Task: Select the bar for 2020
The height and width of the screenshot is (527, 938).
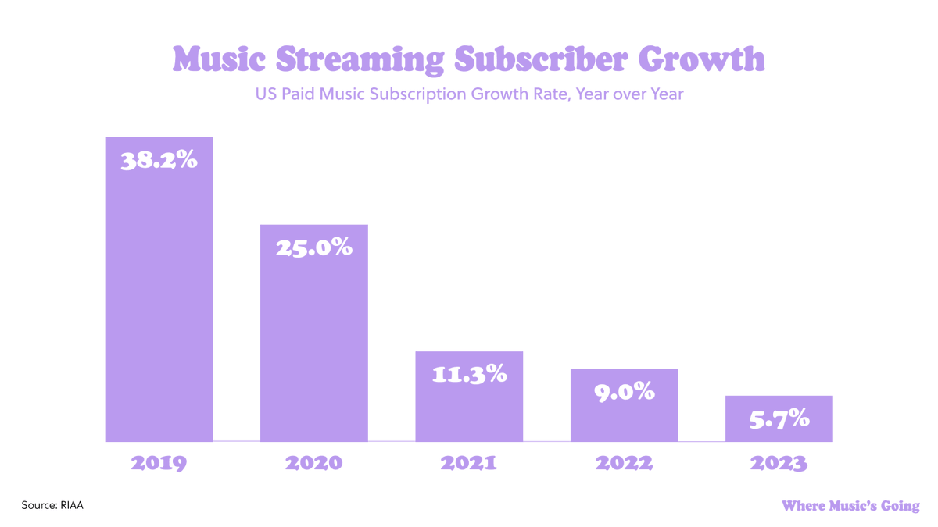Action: [x=313, y=344]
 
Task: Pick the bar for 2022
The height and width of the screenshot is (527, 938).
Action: [x=624, y=418]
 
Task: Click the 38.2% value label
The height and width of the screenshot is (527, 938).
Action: [x=159, y=161]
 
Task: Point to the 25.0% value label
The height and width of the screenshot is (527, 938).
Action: [x=313, y=247]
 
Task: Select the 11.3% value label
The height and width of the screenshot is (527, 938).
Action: [x=469, y=375]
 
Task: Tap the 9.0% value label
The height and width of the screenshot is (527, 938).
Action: [x=624, y=392]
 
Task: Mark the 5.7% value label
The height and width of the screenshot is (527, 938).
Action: [x=779, y=419]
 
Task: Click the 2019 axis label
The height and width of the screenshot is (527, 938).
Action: [x=159, y=463]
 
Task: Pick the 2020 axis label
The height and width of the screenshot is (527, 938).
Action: [x=313, y=463]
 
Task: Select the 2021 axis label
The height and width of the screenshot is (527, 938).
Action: [x=469, y=463]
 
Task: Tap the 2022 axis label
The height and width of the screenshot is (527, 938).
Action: [x=624, y=463]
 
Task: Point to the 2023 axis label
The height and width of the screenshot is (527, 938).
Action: [x=779, y=463]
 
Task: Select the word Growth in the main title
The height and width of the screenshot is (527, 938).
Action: [x=700, y=59]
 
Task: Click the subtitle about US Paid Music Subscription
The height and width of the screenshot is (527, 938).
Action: [x=469, y=94]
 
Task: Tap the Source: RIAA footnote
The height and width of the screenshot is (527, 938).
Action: [x=52, y=505]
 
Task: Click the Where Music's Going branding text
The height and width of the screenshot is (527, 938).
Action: [x=850, y=506]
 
